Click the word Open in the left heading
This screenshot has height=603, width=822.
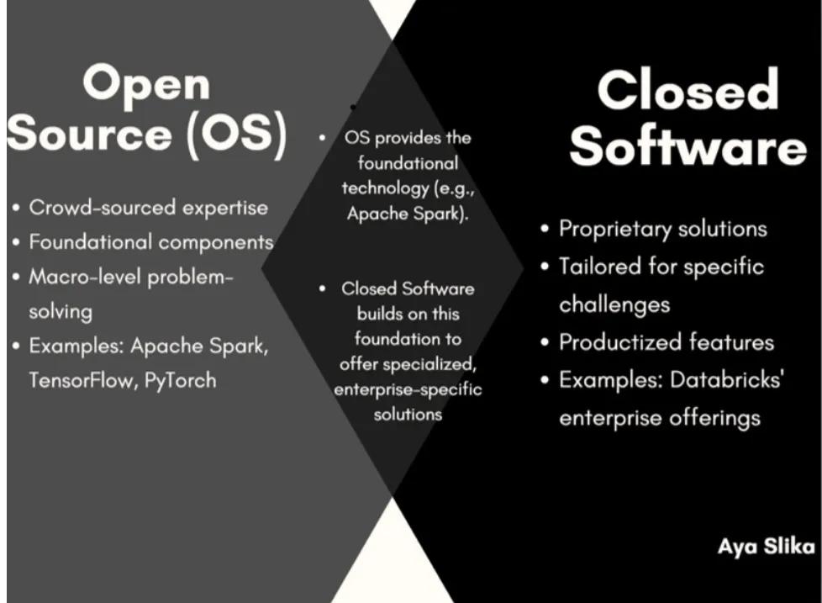(x=146, y=85)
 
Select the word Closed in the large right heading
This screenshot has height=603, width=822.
(x=688, y=89)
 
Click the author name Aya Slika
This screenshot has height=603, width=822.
(x=766, y=547)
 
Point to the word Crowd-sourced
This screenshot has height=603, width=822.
(x=103, y=207)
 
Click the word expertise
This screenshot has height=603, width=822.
(x=225, y=209)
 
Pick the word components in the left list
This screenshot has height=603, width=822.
(x=216, y=242)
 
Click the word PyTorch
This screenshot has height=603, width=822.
(x=180, y=381)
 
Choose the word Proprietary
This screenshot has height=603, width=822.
(x=615, y=229)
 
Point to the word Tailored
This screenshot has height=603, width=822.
(x=600, y=267)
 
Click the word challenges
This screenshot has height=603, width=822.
(x=614, y=305)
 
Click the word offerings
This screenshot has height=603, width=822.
(x=715, y=419)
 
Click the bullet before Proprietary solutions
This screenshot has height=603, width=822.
(x=545, y=229)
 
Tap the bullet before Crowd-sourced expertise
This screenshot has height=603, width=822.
(x=16, y=208)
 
